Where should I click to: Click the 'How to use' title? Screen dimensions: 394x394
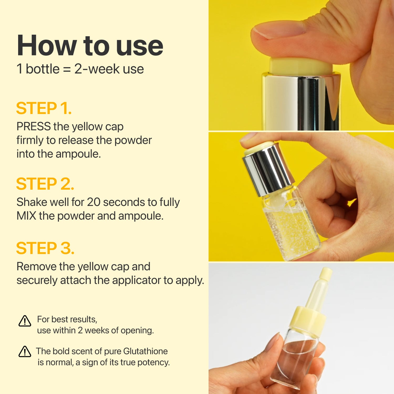(90, 46)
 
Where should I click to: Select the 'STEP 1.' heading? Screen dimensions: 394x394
(44, 108)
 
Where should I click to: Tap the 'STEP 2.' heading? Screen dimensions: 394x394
(45, 184)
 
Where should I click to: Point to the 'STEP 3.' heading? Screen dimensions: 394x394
(45, 248)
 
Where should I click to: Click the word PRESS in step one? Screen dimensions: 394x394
(33, 127)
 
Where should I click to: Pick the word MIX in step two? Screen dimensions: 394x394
(26, 216)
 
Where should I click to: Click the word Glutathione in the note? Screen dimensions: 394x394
(145, 351)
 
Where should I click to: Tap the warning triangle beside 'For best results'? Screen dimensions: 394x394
(25, 321)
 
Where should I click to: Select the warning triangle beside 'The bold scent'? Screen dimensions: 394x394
(25, 352)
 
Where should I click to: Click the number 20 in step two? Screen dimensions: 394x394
(94, 202)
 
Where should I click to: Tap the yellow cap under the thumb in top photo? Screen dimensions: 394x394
(299, 66)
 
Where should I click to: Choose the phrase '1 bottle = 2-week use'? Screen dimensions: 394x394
(80, 69)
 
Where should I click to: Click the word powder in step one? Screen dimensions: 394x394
(133, 140)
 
